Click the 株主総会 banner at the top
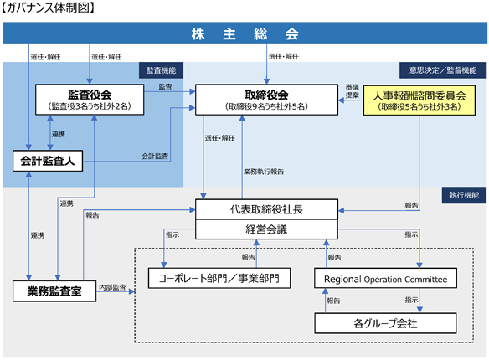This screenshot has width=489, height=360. pyautogui.click(x=245, y=33)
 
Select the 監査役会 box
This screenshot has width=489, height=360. pyautogui.click(x=90, y=100)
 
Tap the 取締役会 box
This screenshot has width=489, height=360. pyautogui.click(x=266, y=100)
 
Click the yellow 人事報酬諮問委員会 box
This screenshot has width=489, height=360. pyautogui.click(x=420, y=100)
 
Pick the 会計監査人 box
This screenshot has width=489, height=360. pyautogui.click(x=48, y=161)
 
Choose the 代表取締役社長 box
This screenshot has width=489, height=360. pyautogui.click(x=266, y=209)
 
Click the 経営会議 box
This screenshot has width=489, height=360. pyautogui.click(x=266, y=229)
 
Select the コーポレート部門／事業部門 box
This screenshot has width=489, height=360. pyautogui.click(x=219, y=278)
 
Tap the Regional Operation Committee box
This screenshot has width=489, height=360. pyautogui.click(x=385, y=278)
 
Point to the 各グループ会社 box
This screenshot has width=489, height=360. pyautogui.click(x=385, y=323)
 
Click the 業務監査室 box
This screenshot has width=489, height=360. pyautogui.click(x=54, y=291)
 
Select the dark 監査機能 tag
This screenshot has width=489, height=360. pyautogui.click(x=162, y=70)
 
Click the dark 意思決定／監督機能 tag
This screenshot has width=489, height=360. pyautogui.click(x=443, y=70)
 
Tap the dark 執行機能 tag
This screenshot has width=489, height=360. pyautogui.click(x=464, y=195)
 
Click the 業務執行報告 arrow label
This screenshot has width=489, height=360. pyautogui.click(x=264, y=172)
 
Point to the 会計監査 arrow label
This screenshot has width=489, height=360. pyautogui.click(x=155, y=157)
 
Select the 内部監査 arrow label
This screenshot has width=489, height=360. pyautogui.click(x=112, y=287)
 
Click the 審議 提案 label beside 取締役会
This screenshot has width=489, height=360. pyautogui.click(x=352, y=91)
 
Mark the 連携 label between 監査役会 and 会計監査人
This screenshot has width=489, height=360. pyautogui.click(x=59, y=134)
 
